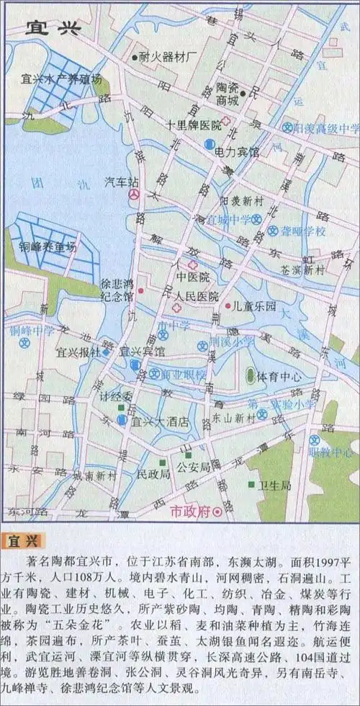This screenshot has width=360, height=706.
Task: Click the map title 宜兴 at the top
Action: click(x=54, y=28)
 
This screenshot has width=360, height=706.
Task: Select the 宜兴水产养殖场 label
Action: click(x=62, y=79)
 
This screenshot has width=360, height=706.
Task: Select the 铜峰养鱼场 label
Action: click(x=48, y=246)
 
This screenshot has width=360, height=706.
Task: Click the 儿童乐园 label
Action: click(x=255, y=305)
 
